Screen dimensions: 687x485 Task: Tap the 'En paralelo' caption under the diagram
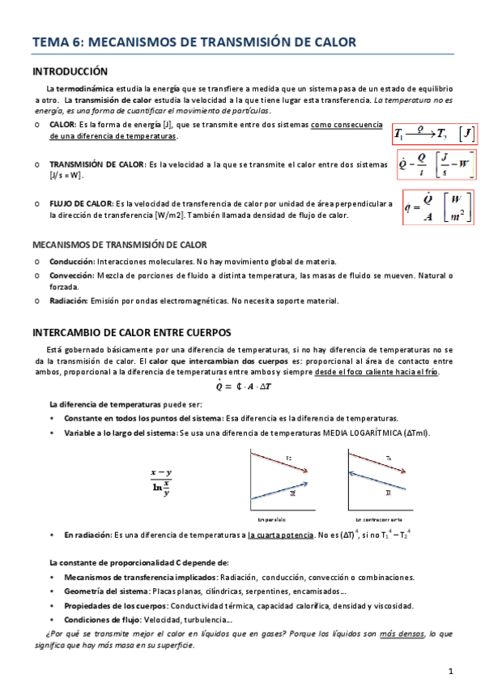pos(273,518)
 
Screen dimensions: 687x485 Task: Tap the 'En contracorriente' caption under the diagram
pos(377,518)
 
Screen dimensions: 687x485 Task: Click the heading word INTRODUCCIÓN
pos(70,71)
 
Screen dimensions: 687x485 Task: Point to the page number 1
pos(450,671)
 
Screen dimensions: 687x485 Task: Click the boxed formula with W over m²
pos(436,210)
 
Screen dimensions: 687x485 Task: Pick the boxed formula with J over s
pos(436,168)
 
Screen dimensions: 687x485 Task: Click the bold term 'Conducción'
pos(71,262)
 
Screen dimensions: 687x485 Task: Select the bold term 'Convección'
pos(71,275)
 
